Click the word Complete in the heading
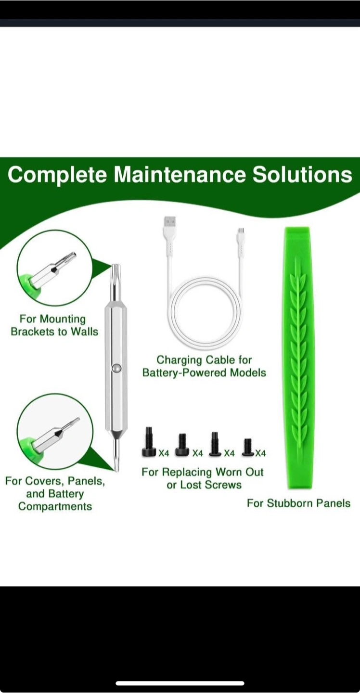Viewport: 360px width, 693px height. pos(58,175)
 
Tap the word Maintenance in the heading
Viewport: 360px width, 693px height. pos(180,175)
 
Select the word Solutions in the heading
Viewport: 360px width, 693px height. pos(302,175)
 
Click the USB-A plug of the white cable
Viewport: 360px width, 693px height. pos(169,223)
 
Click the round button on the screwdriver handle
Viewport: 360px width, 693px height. pos(116,368)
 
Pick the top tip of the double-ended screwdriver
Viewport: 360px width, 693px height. pos(116,265)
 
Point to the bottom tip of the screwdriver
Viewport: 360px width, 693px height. pos(116,471)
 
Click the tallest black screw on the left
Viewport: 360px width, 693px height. pos(149,442)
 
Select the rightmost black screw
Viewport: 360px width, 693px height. pos(248,448)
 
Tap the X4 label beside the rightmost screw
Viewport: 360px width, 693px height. pos(260,453)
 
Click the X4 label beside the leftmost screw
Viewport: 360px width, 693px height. pos(164,453)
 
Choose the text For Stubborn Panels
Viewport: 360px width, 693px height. pos(298,503)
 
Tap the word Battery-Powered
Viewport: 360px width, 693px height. pos(184,373)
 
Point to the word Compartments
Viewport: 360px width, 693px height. pos(55,506)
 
